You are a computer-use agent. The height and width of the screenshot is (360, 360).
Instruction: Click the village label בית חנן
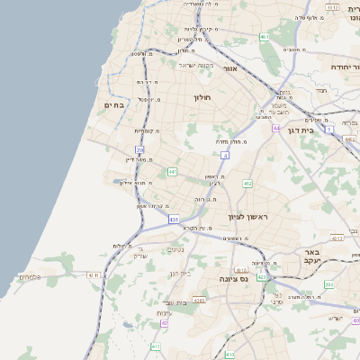pyautogui.click(x=181, y=273)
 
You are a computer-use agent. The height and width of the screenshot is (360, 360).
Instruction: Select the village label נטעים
pyautogui.click(x=176, y=249)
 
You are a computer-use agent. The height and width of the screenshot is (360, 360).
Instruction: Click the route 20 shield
pyautogui.click(x=139, y=149)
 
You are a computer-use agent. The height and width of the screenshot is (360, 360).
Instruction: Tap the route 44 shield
pyautogui.click(x=276, y=129)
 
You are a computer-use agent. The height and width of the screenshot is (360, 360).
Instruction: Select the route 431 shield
pyautogui.click(x=173, y=219)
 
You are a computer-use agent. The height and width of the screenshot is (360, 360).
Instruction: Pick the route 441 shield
pyautogui.click(x=172, y=171)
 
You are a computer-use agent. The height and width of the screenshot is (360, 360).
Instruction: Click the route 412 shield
pyautogui.click(x=247, y=184)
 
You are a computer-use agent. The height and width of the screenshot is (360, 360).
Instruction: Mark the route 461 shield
pyautogui.click(x=264, y=37)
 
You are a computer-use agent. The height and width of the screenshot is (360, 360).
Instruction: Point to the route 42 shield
pyautogui.click(x=164, y=322)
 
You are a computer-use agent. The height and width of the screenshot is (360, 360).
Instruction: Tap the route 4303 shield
pyautogui.click(x=199, y=300)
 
